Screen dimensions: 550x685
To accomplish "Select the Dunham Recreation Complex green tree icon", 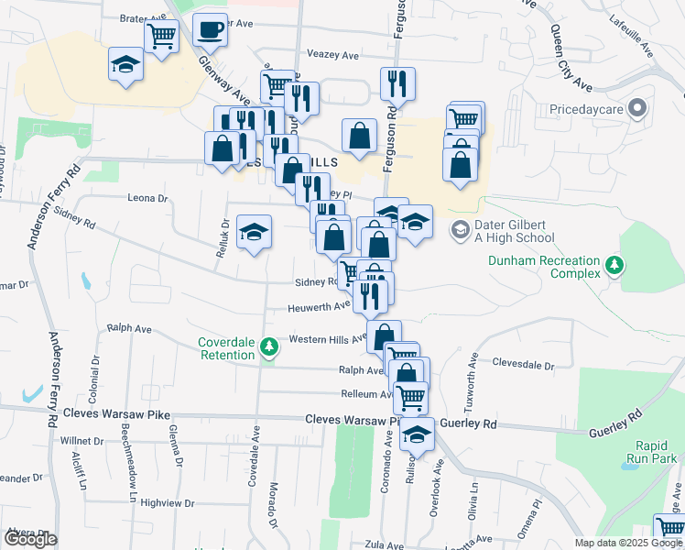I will pyautogui.click(x=614, y=266).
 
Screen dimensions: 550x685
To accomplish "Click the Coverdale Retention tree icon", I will pyautogui.click(x=268, y=346).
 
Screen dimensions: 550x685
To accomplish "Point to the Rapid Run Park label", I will pyautogui.click(x=651, y=451).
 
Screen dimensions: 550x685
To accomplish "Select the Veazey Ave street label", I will pyautogui.click(x=332, y=55).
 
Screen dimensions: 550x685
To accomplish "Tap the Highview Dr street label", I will pyautogui.click(x=169, y=503).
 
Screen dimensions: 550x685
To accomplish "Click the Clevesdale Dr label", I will pyautogui.click(x=523, y=365).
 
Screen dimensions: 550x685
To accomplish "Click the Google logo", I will pyautogui.click(x=30, y=539).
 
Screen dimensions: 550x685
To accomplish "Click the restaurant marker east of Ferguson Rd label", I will pyautogui.click(x=397, y=84).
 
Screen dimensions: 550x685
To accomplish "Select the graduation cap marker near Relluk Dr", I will pyautogui.click(x=254, y=232).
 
